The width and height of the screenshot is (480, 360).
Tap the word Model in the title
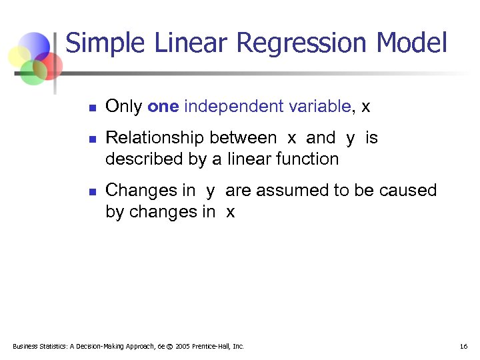(411, 43)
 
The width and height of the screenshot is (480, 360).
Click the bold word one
(163, 106)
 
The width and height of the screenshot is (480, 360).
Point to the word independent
(227, 106)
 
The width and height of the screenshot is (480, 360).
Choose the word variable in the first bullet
(319, 106)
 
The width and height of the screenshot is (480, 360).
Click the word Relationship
(155, 138)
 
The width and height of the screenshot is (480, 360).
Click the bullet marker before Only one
(93, 107)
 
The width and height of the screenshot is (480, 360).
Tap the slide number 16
(463, 346)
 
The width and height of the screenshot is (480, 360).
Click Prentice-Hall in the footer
(213, 346)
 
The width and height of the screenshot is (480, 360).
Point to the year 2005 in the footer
(184, 346)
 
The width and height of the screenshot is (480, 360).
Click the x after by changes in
(230, 212)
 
